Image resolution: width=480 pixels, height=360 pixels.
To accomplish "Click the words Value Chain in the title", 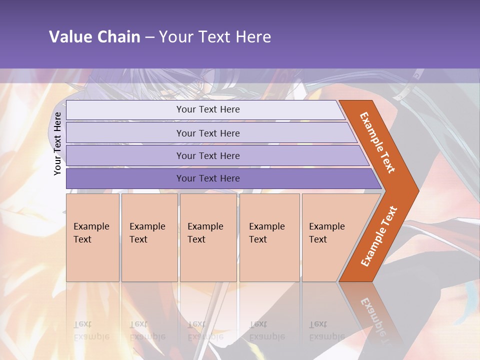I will pos(94,37).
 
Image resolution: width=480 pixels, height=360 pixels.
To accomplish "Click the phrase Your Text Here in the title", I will pos(215,37).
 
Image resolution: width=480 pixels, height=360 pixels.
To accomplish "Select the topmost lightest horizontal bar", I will pos(207,109).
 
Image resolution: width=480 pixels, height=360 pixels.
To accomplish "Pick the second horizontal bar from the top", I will pos(207,133).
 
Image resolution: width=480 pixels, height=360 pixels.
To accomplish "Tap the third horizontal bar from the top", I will pos(207,155).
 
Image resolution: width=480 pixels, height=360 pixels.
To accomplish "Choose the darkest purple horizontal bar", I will pos(207,178).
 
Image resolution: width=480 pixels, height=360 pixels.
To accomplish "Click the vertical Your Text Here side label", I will pos(57,143).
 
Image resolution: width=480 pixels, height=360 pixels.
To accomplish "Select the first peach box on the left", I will pos(92,237).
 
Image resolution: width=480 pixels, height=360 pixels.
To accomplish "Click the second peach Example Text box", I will pos(149,237).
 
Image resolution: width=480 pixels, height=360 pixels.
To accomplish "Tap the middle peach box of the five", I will pos(208,237).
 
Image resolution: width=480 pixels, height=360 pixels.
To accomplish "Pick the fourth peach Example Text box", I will pos(269,237).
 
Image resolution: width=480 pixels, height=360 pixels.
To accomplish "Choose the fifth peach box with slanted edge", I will pos(330,237).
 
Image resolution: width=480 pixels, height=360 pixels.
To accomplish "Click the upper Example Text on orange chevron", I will pos(377,142).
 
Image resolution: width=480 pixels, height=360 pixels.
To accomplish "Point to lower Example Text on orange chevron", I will pos(379,236).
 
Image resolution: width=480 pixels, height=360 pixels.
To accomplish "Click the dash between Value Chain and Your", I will pos(149,37).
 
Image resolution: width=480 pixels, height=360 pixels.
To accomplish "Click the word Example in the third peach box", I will pos(205,226).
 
